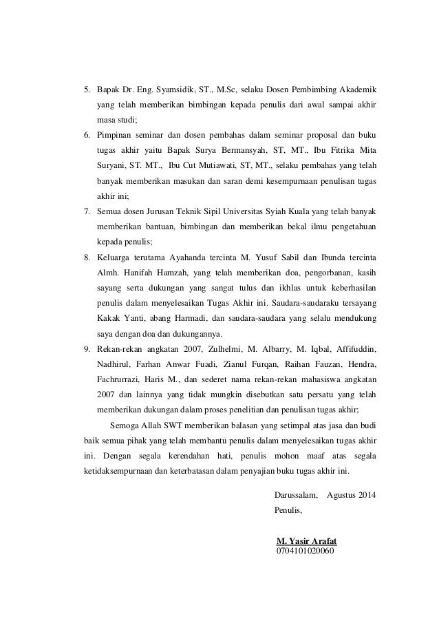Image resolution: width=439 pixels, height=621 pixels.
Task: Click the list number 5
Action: (x=87, y=91)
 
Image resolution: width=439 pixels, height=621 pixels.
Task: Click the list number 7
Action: (x=87, y=211)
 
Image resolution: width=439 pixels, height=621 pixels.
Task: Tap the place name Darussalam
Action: (x=296, y=495)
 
